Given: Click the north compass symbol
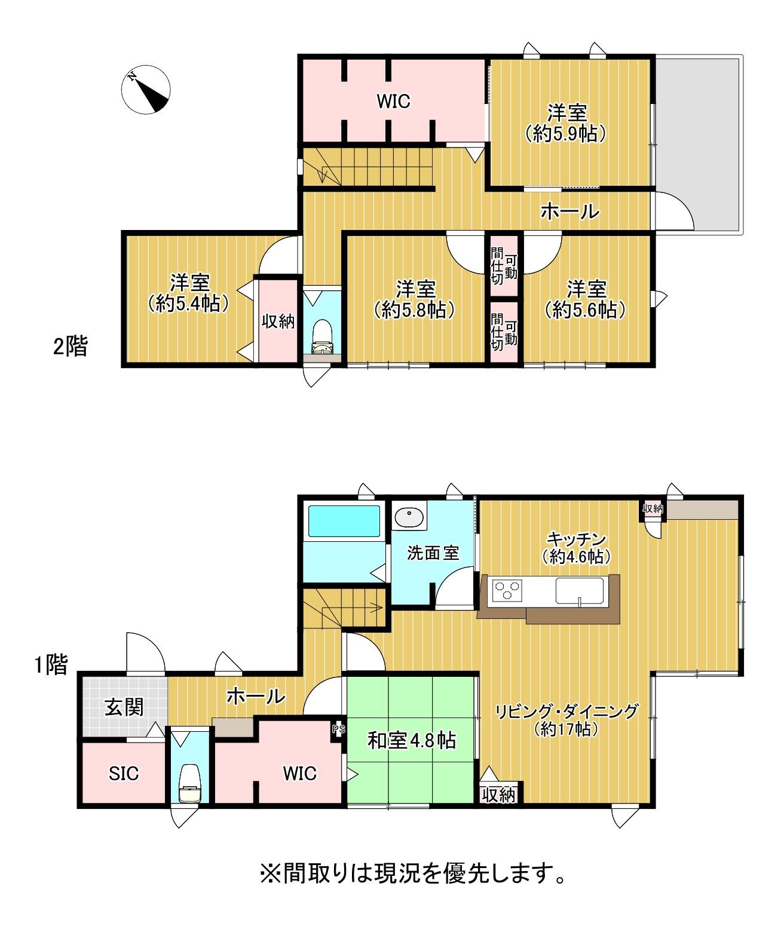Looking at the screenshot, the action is [146, 90].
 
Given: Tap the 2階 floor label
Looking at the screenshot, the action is [71, 346].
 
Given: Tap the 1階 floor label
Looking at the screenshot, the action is [51, 665].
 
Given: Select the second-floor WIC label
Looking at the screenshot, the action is [393, 101].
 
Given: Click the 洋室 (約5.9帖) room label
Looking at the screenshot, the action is [567, 122].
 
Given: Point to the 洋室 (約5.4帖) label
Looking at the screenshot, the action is [189, 293].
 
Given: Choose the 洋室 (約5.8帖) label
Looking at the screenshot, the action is [415, 299].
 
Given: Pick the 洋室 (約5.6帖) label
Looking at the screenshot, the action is [586, 299].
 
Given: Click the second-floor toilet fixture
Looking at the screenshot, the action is [322, 336].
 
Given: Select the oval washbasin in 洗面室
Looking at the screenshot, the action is [409, 517].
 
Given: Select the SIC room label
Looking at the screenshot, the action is [124, 774].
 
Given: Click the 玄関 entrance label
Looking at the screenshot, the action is [124, 707].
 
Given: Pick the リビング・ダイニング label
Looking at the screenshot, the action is [566, 711].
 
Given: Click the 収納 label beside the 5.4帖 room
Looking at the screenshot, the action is [278, 321].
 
